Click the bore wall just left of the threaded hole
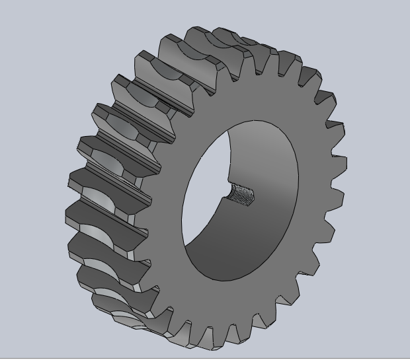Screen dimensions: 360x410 [x=222, y=193]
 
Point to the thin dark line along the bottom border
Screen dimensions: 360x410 [x=205, y=357]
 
